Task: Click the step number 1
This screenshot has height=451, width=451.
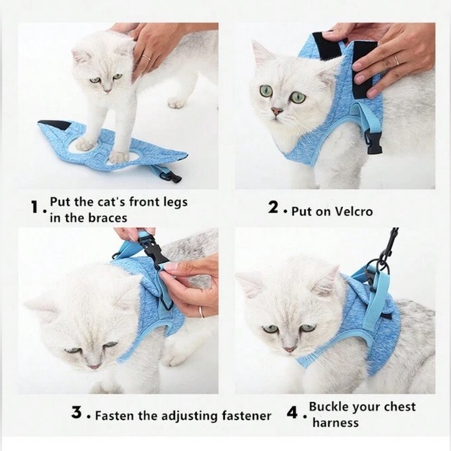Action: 33,209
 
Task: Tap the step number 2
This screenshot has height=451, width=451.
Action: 273,209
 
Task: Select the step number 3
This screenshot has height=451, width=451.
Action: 77,414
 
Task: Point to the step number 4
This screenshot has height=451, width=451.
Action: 292,414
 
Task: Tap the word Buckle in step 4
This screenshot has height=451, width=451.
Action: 330,407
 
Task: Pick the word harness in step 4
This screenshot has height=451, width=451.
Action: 335,423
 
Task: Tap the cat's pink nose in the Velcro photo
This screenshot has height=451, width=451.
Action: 276,112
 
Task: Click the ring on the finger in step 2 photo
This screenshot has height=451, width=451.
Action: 395,60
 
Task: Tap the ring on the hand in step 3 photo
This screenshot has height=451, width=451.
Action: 200,311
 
